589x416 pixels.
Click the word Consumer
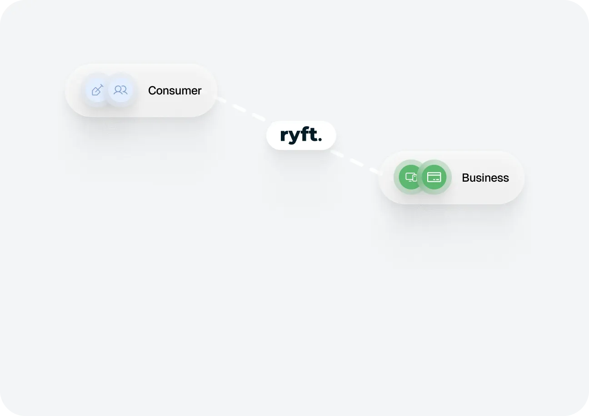click(x=175, y=91)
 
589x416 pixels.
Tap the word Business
click(x=485, y=178)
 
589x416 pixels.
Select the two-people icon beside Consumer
click(x=120, y=90)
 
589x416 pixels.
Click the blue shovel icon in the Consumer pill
click(x=97, y=90)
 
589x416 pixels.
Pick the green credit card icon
click(x=434, y=177)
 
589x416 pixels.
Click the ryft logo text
click(x=300, y=135)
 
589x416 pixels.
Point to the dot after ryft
click(x=320, y=140)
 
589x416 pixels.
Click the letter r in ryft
click(x=284, y=136)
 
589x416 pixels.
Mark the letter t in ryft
click(x=313, y=135)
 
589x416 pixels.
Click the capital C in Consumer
click(x=152, y=91)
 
